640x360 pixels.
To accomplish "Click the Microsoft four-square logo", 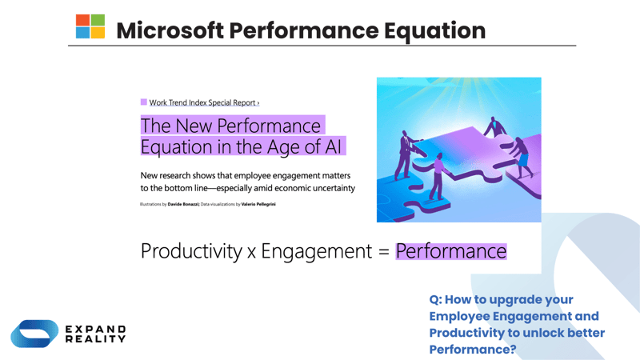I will coord(90,27).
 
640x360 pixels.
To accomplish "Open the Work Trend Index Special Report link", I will coord(204,102).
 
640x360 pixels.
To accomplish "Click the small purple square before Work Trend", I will coord(144,102).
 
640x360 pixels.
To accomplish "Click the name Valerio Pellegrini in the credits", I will coord(258,205).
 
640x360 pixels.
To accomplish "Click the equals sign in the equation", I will coord(383,252).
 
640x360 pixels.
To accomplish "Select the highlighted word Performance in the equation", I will coord(451,251).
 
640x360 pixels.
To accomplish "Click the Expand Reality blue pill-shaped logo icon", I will coord(34,334).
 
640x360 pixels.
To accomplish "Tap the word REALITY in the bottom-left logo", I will coord(95,339).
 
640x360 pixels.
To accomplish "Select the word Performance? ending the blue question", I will coord(472,350).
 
